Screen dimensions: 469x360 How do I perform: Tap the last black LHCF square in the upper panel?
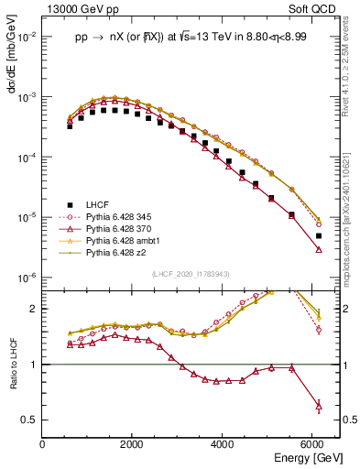[x=318, y=236]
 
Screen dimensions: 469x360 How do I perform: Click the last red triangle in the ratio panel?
[x=318, y=405]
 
